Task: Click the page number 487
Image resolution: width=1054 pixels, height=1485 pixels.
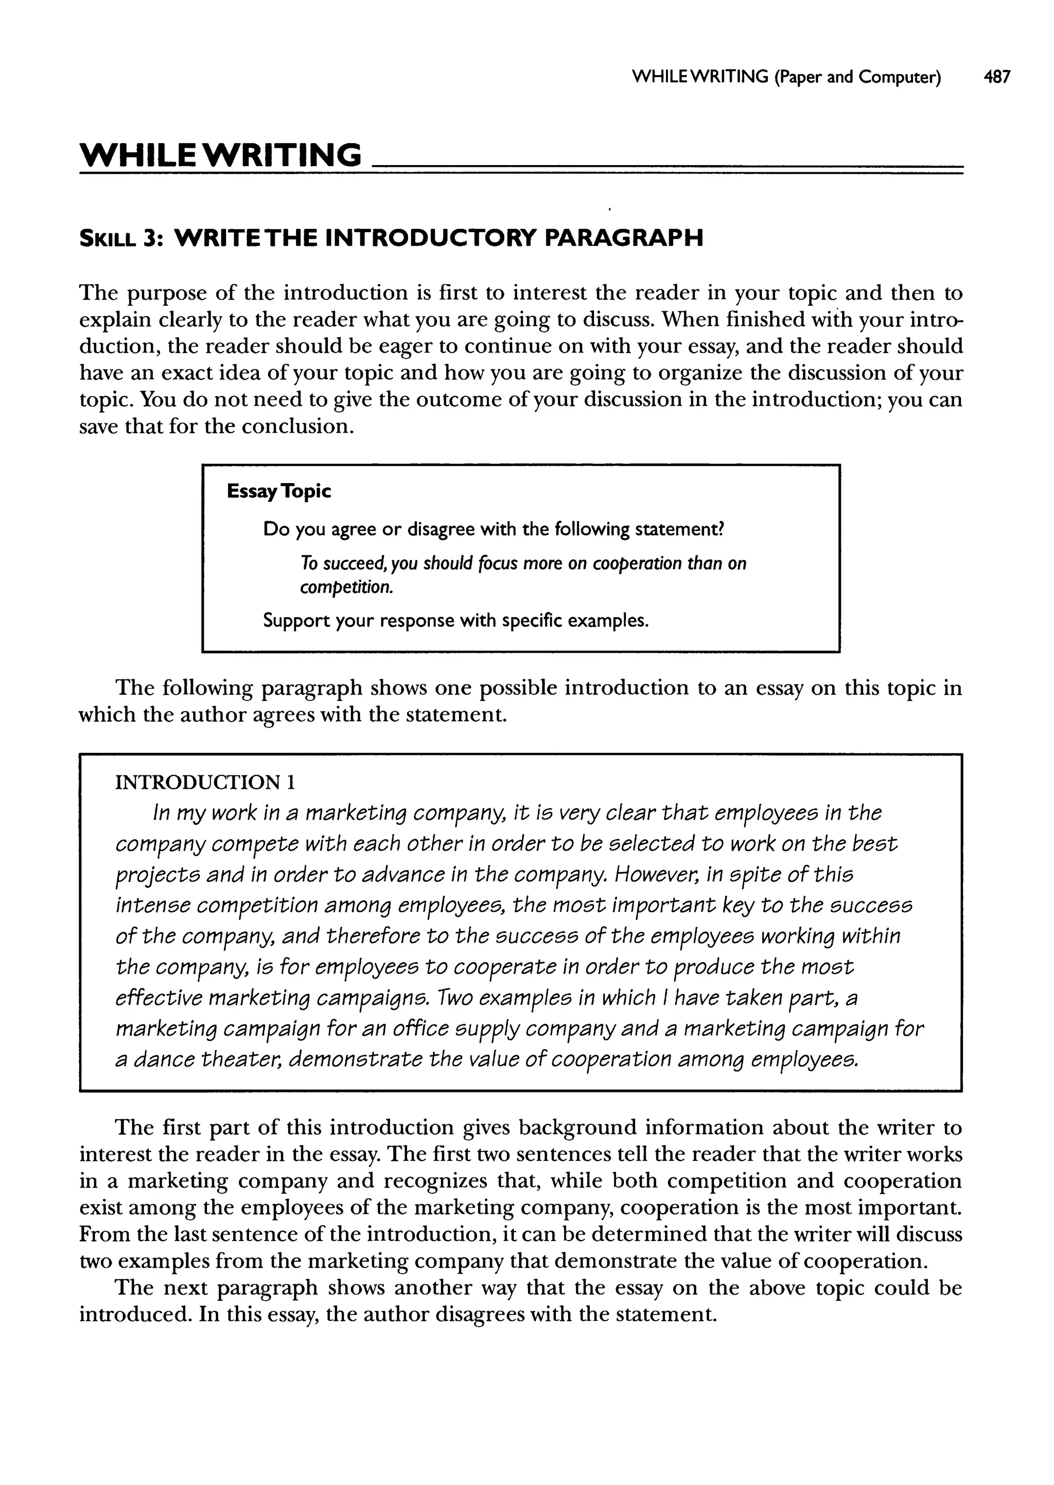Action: pyautogui.click(x=997, y=77)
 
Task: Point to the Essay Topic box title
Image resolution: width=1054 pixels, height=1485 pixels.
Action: pyautogui.click(x=278, y=492)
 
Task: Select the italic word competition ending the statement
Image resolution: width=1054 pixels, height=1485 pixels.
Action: pyautogui.click(x=345, y=588)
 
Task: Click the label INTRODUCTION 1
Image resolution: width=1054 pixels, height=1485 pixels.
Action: pyautogui.click(x=205, y=783)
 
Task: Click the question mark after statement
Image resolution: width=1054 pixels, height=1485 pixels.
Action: pyautogui.click(x=719, y=529)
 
